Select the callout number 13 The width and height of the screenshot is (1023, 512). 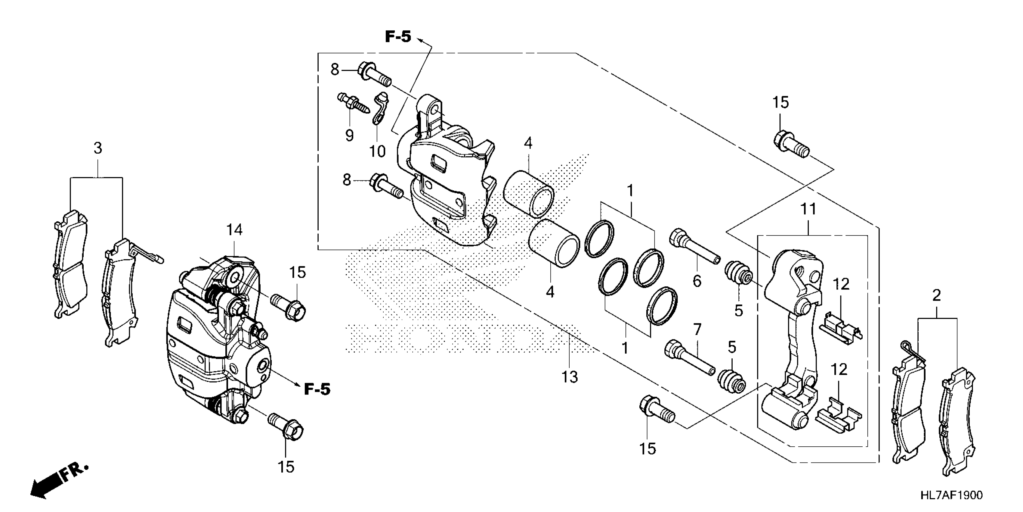(x=570, y=377)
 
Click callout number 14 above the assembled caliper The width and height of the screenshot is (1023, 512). (x=234, y=230)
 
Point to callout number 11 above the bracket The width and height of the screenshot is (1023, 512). (x=808, y=209)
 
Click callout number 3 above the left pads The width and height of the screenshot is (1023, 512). (x=98, y=148)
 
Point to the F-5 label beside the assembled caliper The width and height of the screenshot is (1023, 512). (x=317, y=389)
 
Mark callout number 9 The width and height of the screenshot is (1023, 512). (x=349, y=136)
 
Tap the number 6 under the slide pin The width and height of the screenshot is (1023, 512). (x=697, y=281)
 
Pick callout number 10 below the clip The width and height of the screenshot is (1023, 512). (x=377, y=151)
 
